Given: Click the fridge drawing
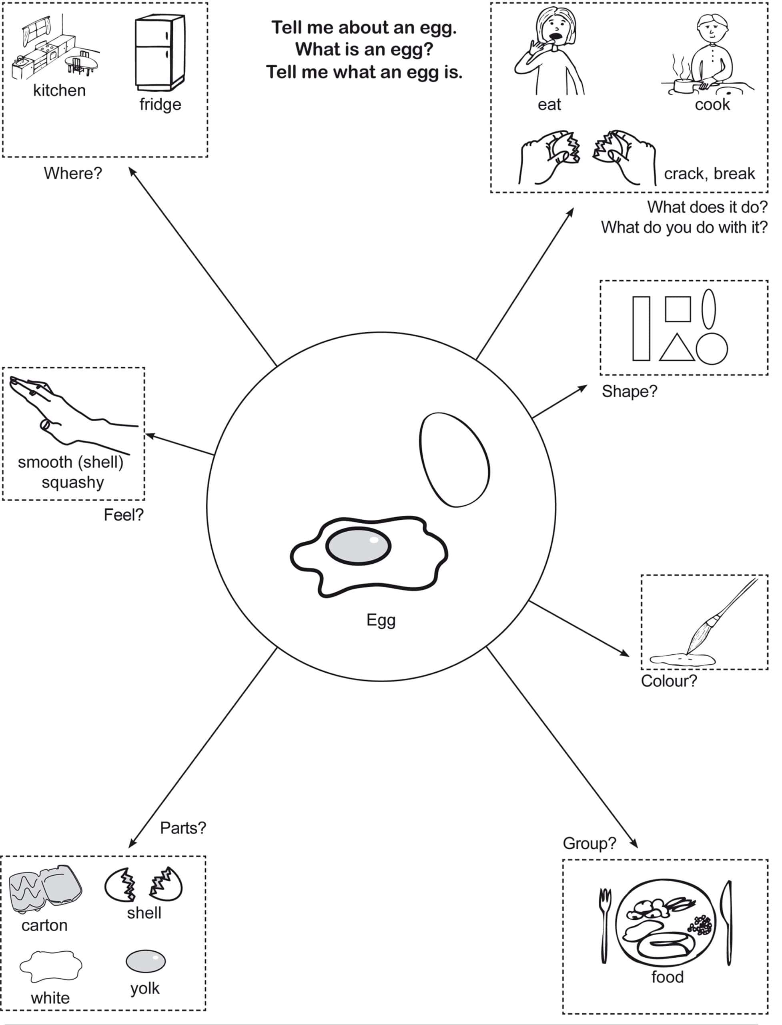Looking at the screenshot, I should (x=160, y=52).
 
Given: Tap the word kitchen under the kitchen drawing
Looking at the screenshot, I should (x=59, y=90).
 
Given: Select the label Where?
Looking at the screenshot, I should (x=72, y=173).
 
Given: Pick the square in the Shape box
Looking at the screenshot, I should (x=677, y=309).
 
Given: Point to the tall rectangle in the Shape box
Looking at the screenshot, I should (x=641, y=329).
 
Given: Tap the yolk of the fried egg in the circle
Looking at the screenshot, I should (x=357, y=546).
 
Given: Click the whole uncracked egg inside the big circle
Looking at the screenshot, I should (x=454, y=459).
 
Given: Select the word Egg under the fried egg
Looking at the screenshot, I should (x=381, y=620).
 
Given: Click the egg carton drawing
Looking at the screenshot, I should (x=45, y=890).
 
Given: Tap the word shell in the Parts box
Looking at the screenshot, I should (x=144, y=913).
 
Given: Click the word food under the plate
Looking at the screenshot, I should (x=668, y=977).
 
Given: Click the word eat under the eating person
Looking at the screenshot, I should (x=549, y=105).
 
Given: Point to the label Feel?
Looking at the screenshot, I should (x=123, y=515).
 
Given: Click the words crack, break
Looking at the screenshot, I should (x=709, y=174).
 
